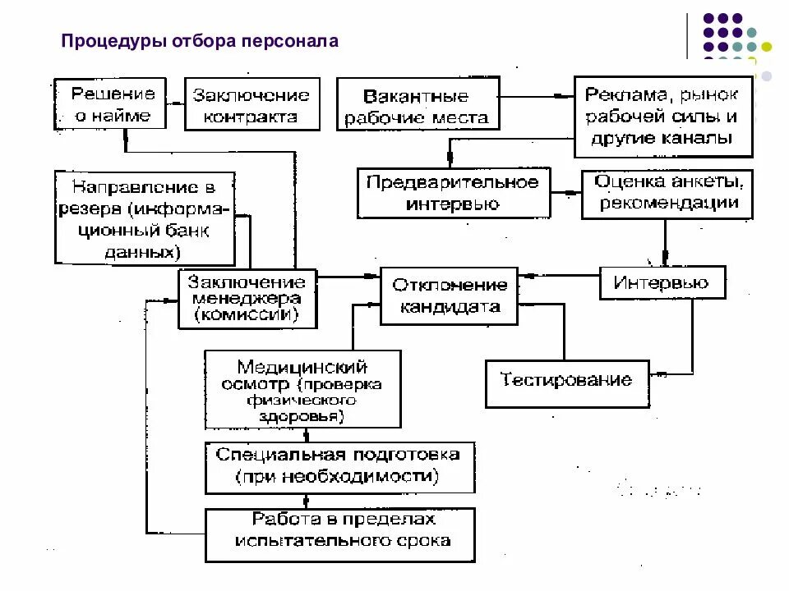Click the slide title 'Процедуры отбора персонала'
(x=200, y=41)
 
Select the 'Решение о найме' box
(x=110, y=104)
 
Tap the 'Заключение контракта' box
(x=251, y=105)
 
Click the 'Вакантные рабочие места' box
(x=416, y=107)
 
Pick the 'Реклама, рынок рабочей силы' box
(x=662, y=116)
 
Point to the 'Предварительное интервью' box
(x=452, y=193)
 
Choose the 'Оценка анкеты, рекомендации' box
(x=667, y=193)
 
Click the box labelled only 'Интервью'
(x=662, y=283)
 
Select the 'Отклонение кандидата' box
(x=449, y=295)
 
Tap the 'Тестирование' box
(x=566, y=381)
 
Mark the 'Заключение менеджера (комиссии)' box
(x=247, y=299)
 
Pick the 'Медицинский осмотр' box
(x=302, y=389)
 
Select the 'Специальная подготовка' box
(x=339, y=465)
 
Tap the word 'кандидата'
(x=450, y=307)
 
